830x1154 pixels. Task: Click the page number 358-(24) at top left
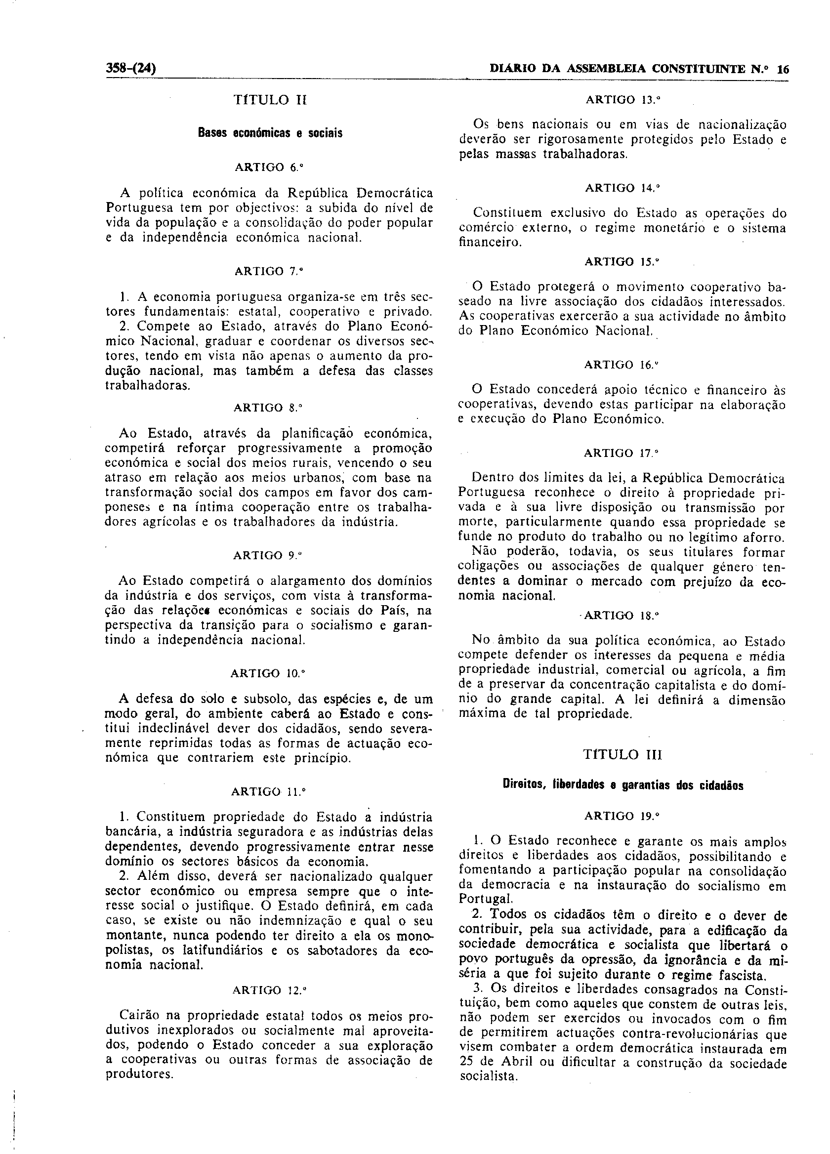point(131,68)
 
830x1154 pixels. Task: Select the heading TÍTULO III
point(622,754)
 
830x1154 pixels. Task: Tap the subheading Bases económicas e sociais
point(270,133)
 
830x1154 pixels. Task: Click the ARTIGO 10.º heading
point(267,674)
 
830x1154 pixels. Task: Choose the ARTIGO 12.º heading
point(269,990)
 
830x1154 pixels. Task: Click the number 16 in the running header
point(783,70)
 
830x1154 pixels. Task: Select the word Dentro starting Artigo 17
point(491,478)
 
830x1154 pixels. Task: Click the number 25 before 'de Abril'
point(465,1074)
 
